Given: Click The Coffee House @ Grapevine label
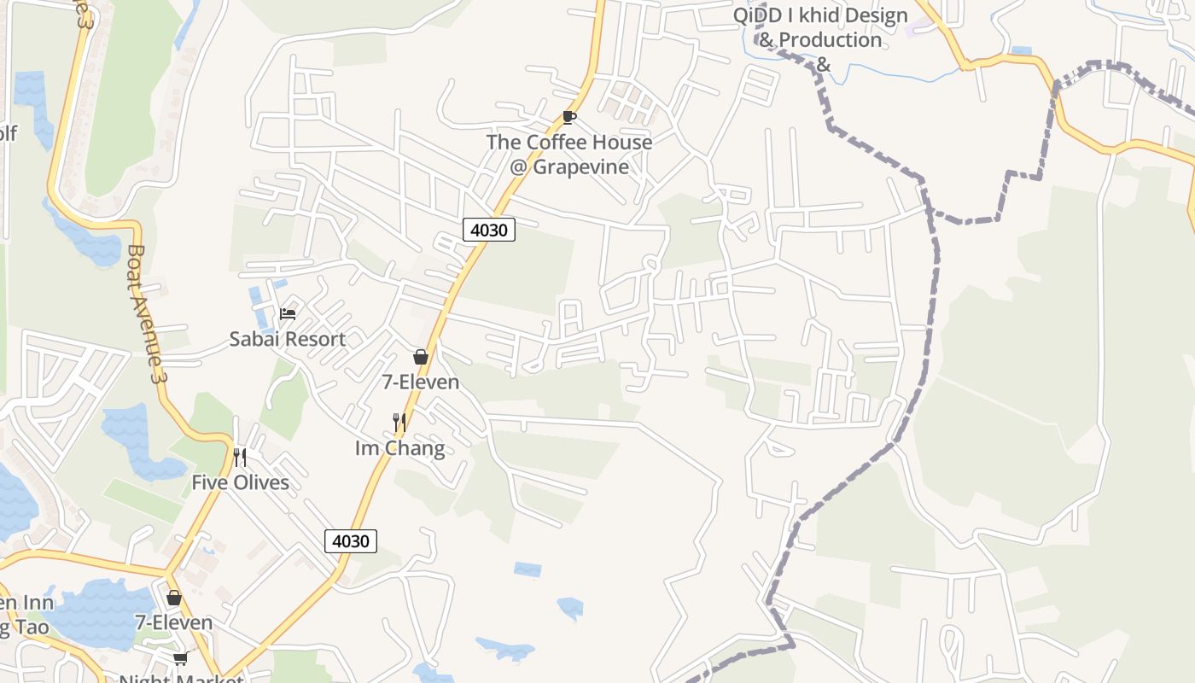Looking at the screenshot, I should click(569, 155).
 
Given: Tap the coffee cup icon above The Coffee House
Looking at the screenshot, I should click(569, 117).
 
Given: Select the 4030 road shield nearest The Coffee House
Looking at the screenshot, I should click(489, 230).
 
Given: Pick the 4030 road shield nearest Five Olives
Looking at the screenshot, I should click(351, 541).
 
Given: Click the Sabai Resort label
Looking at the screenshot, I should click(288, 339).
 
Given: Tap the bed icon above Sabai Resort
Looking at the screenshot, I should click(288, 314).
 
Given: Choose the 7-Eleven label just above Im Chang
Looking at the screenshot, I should click(421, 382).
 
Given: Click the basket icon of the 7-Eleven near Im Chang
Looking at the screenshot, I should click(421, 357).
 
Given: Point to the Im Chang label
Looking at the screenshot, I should click(399, 448).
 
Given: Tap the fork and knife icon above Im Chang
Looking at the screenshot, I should click(399, 422).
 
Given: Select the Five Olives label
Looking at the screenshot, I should click(240, 482).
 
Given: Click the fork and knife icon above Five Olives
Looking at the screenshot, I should click(240, 458).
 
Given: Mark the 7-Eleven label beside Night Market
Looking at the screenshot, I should click(174, 622).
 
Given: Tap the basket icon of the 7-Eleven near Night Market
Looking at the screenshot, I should click(174, 598).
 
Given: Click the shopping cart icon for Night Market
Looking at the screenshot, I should click(180, 657).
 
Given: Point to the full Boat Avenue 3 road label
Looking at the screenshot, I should click(144, 313).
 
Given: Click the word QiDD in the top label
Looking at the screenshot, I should click(755, 15).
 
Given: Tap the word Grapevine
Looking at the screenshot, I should click(580, 166).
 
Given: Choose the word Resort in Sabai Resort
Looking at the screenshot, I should click(316, 339).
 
